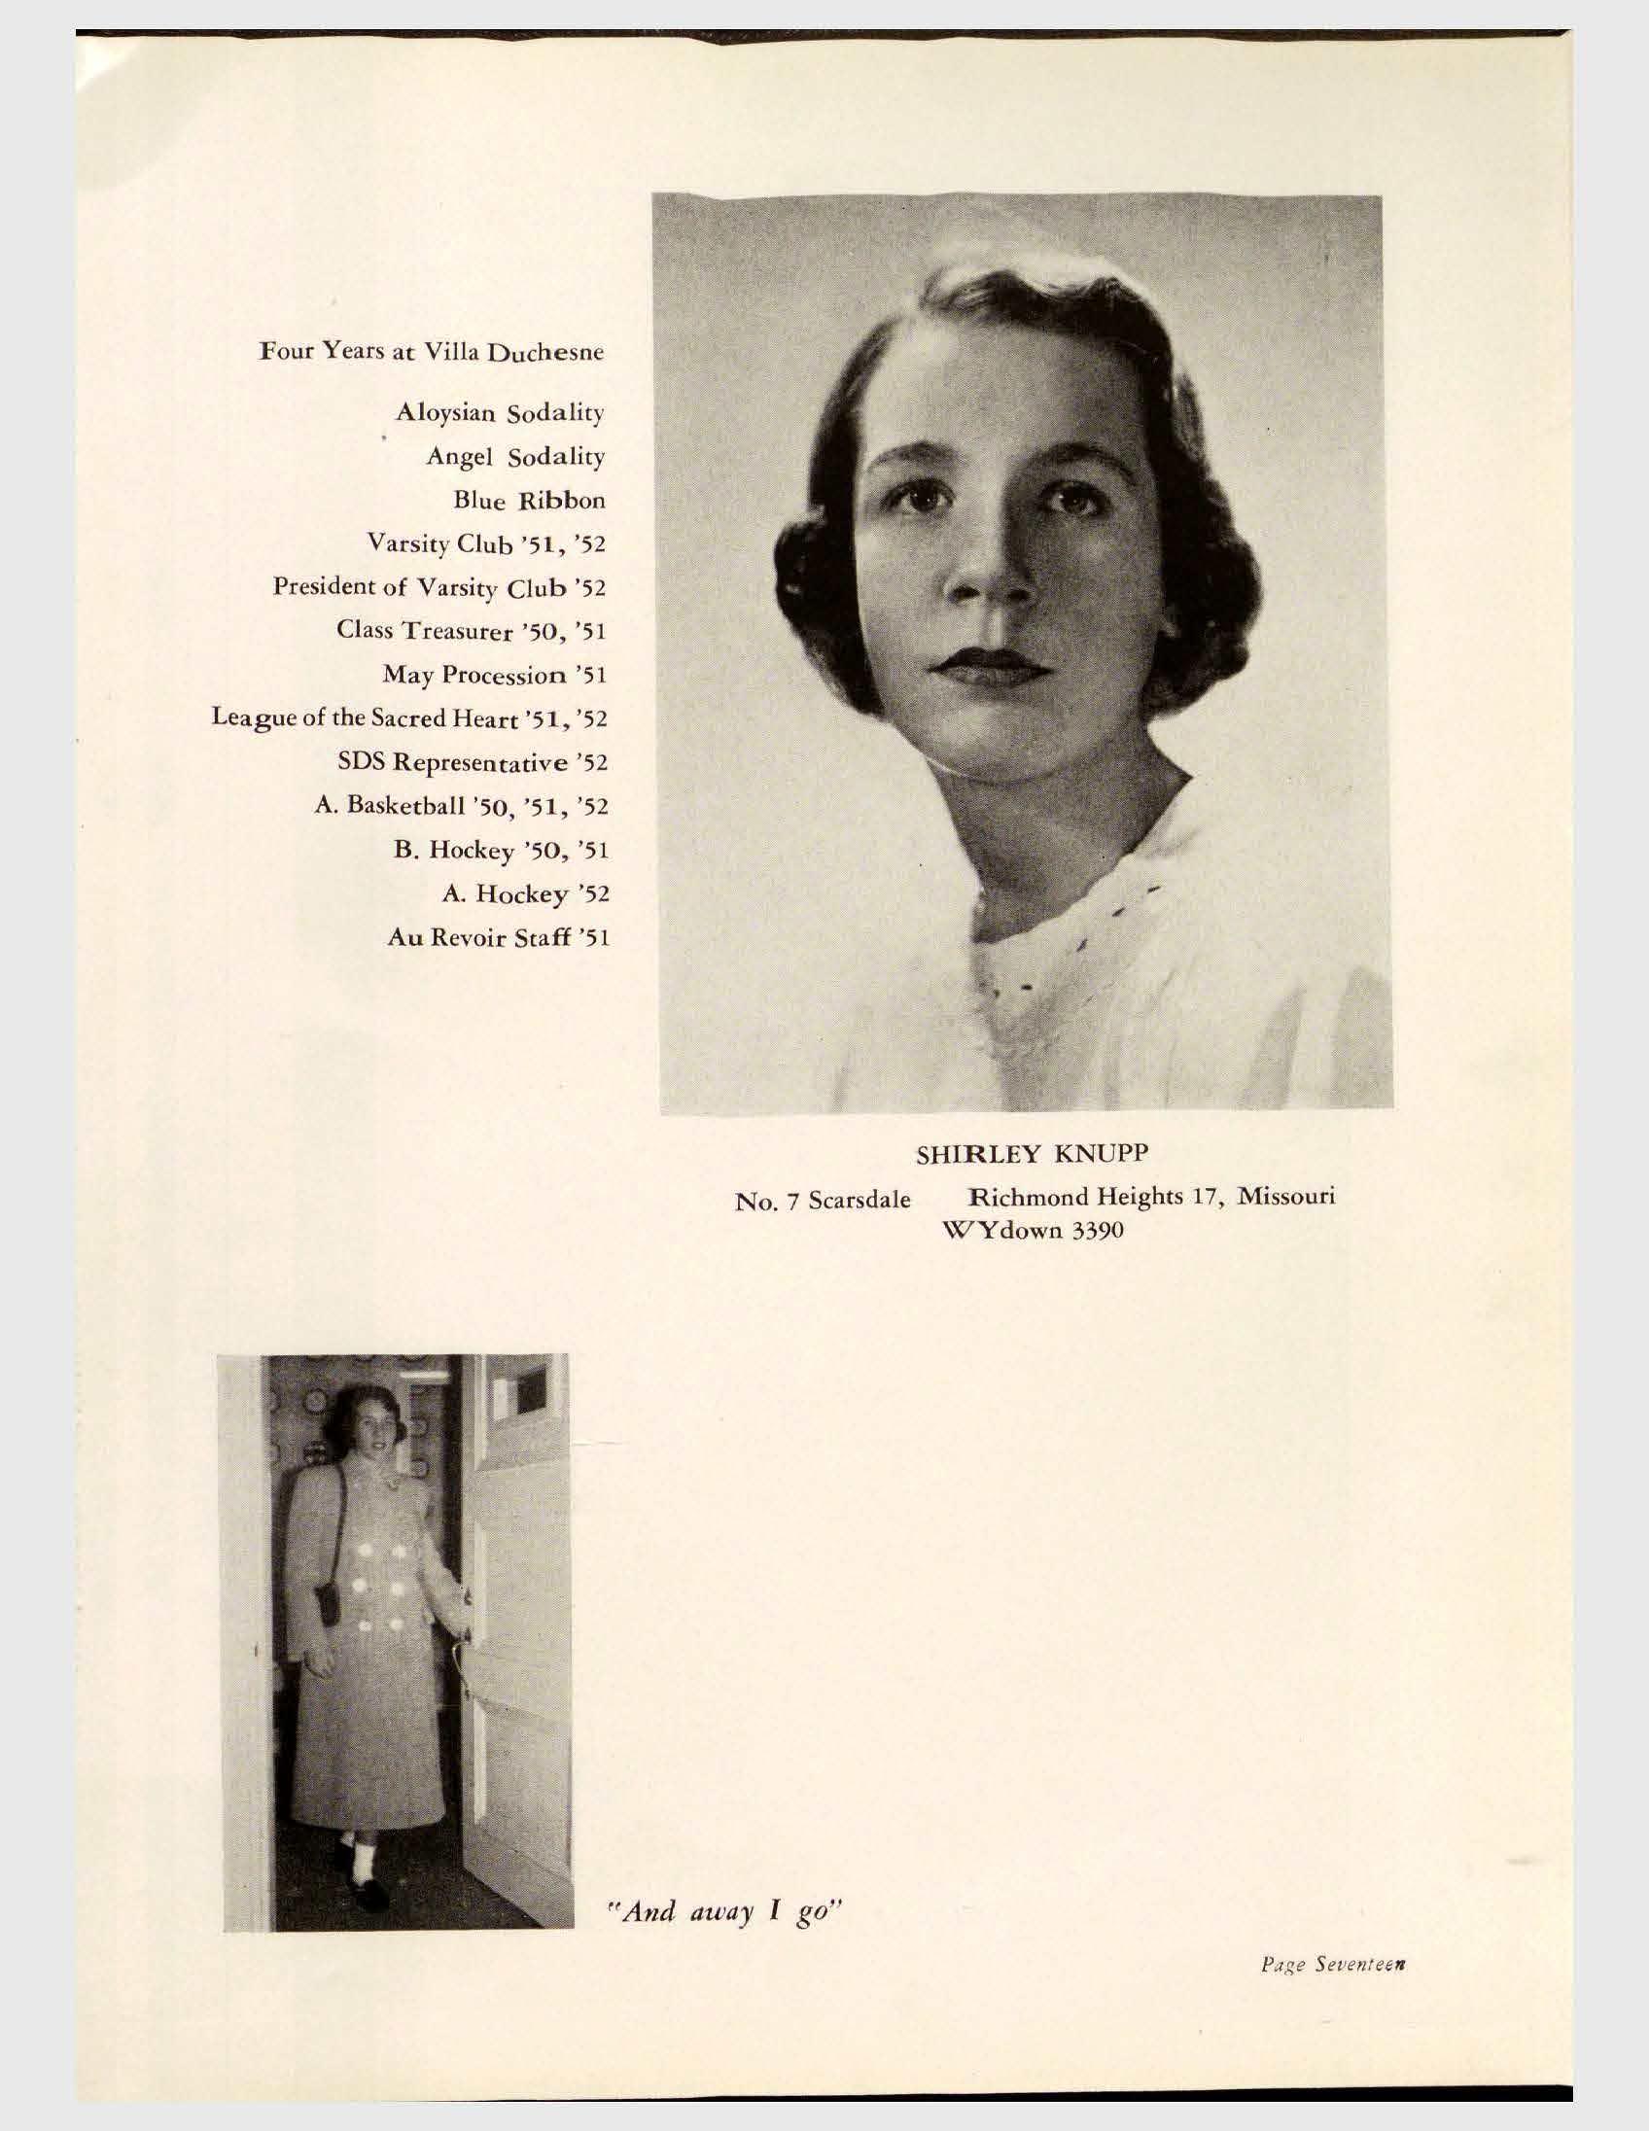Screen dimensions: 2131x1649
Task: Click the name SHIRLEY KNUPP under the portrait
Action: pyautogui.click(x=1033, y=1154)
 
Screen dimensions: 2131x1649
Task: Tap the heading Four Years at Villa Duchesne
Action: pyautogui.click(x=432, y=351)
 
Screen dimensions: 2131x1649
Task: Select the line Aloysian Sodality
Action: pyautogui.click(x=500, y=413)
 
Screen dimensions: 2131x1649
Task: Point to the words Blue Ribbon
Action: pyautogui.click(x=529, y=501)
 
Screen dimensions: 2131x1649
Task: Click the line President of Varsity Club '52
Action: pyautogui.click(x=439, y=587)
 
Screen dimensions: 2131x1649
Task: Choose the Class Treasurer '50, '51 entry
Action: pyautogui.click(x=472, y=630)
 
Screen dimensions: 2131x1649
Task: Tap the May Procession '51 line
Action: pyautogui.click(x=495, y=675)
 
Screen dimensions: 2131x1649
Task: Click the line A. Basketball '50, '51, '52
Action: pyautogui.click(x=462, y=806)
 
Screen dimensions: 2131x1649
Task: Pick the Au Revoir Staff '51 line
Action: pyautogui.click(x=499, y=938)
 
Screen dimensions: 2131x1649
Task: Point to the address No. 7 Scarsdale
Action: pyautogui.click(x=822, y=1200)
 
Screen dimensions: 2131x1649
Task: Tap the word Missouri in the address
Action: pyautogui.click(x=1286, y=1195)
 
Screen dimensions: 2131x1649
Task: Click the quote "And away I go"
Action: pyautogui.click(x=723, y=1911)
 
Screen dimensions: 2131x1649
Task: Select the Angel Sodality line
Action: pyautogui.click(x=515, y=457)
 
